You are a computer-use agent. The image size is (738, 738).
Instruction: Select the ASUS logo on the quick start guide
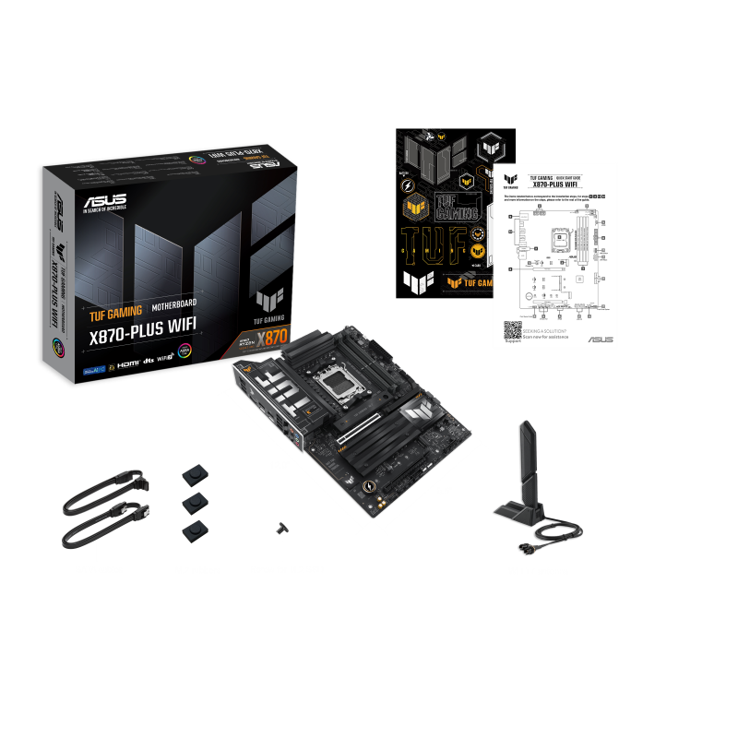click(x=599, y=339)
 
